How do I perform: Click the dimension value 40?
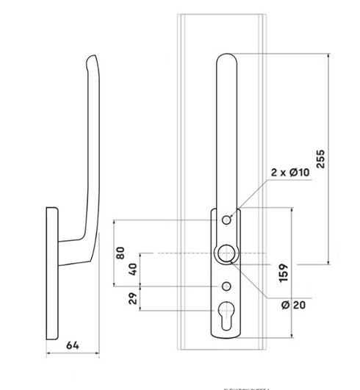(x=134, y=269)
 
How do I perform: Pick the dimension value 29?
(x=134, y=300)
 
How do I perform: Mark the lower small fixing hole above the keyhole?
(x=226, y=285)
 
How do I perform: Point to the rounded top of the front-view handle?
(x=226, y=60)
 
